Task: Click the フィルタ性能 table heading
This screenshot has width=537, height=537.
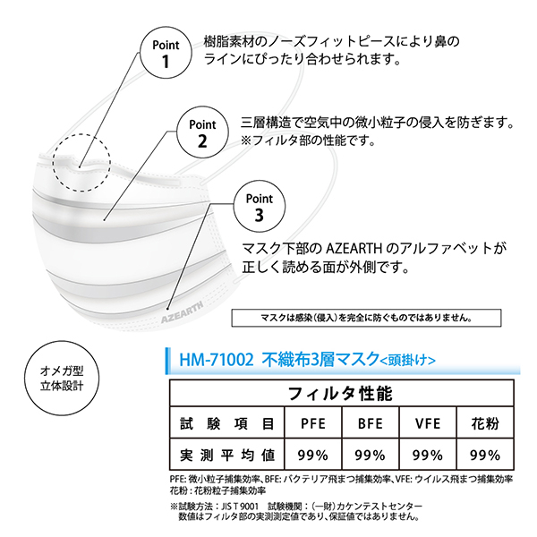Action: [343, 392]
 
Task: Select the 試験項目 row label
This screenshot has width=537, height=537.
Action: [227, 422]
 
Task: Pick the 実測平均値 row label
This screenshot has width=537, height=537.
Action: [227, 454]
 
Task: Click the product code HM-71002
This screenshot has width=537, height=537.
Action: [209, 362]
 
